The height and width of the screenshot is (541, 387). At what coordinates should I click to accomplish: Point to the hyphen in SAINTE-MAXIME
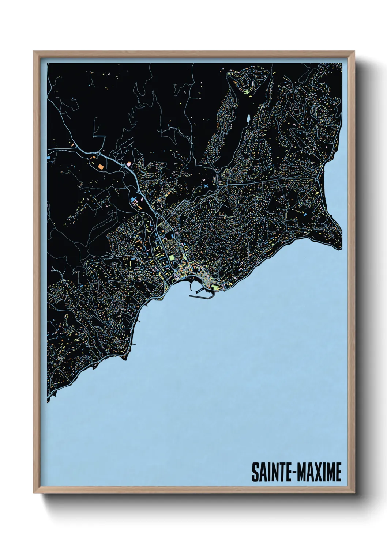coord(291,473)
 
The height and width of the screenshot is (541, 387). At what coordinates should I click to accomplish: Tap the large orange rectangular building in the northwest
coord(100,166)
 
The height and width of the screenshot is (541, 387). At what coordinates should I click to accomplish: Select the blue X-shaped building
coord(206,186)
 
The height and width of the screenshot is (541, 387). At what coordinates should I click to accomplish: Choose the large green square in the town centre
coord(172,258)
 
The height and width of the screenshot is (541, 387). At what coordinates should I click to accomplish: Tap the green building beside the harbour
coord(215,288)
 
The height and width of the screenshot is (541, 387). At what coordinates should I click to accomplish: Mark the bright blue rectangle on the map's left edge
coord(49,158)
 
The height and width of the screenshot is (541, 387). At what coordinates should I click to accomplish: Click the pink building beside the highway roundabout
coord(128,162)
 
